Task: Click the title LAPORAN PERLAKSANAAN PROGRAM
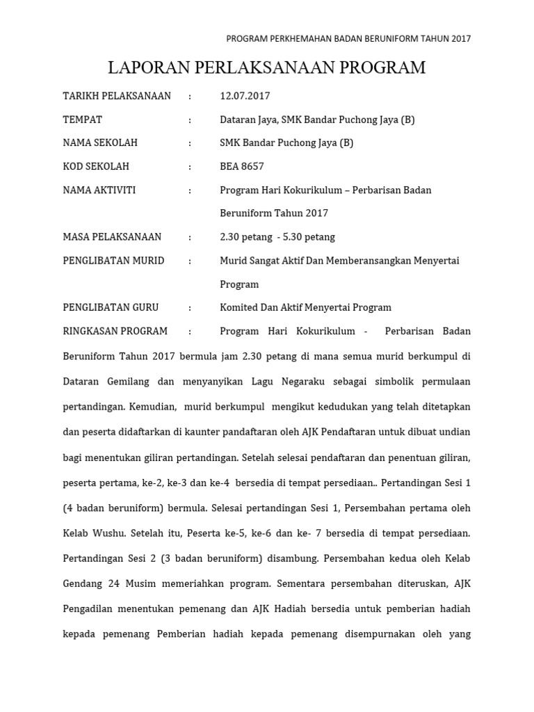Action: click(x=266, y=67)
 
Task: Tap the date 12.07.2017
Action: click(x=245, y=96)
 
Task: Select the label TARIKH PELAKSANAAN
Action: click(x=117, y=96)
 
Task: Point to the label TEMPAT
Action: click(x=83, y=120)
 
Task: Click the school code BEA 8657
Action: click(x=242, y=166)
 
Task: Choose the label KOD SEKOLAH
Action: click(x=96, y=166)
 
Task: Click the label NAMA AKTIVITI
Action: click(x=99, y=190)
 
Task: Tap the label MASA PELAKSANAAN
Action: click(x=112, y=237)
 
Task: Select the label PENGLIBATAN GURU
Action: click(x=111, y=307)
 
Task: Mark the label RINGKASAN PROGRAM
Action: click(x=115, y=331)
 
